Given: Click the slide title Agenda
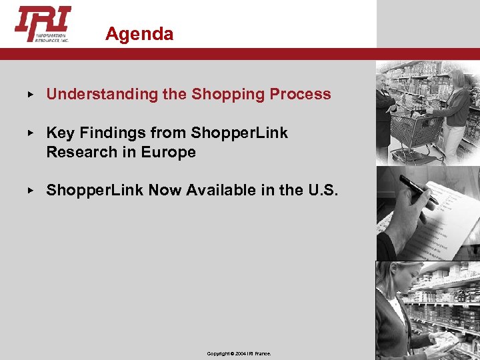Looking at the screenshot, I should (139, 34).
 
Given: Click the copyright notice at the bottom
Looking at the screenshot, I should (239, 353).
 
